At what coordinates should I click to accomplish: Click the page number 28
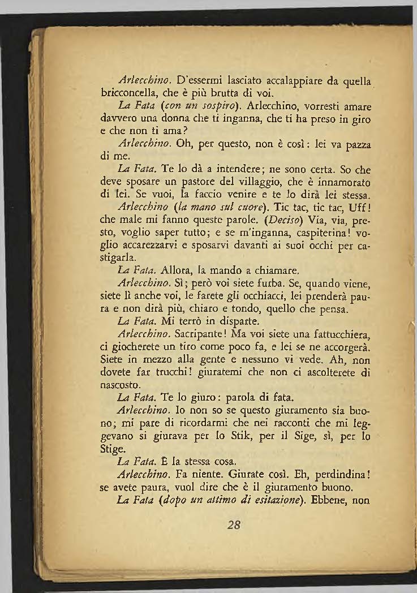point(234,524)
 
